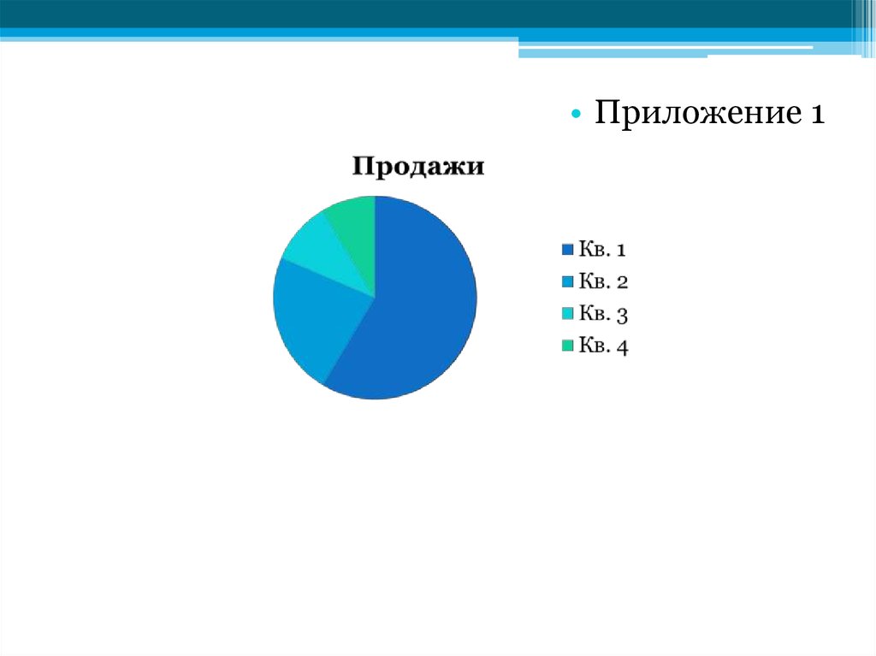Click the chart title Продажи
tap(417, 167)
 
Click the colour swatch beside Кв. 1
tap(568, 249)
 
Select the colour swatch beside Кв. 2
tap(568, 281)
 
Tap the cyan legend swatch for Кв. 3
tap(568, 314)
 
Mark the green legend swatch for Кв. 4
tap(568, 346)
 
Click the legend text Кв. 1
tap(602, 249)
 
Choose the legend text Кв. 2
tap(603, 281)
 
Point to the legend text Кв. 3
tap(603, 314)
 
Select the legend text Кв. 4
tap(603, 346)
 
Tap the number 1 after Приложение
tap(817, 114)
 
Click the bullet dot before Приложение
tap(576, 115)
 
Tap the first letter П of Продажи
tap(362, 166)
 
